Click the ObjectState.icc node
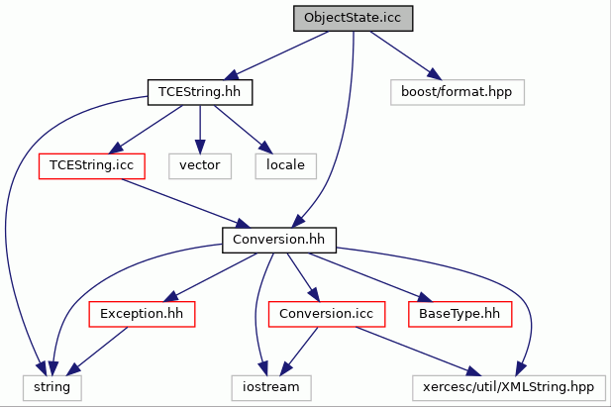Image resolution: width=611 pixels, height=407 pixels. click(x=354, y=19)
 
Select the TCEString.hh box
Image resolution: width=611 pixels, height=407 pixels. click(x=200, y=92)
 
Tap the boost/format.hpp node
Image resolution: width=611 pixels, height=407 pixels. click(x=458, y=92)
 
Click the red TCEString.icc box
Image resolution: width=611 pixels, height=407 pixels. click(x=92, y=166)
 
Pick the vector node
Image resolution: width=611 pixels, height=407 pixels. click(x=200, y=166)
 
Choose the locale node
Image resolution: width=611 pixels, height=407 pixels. click(x=285, y=166)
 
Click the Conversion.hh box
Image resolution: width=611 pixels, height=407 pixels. click(x=279, y=240)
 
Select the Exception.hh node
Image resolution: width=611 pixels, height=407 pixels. click(x=142, y=314)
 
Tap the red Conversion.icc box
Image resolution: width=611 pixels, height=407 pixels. click(x=327, y=314)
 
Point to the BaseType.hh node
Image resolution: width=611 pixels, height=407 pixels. click(x=459, y=314)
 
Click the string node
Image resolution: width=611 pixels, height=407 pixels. click(x=52, y=387)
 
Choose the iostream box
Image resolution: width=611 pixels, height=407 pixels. click(x=271, y=387)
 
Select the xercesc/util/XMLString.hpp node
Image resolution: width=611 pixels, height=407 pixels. click(x=509, y=387)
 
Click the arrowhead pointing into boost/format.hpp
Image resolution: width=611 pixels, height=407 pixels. click(x=435, y=74)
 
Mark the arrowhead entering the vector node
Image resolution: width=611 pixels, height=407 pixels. click(x=200, y=147)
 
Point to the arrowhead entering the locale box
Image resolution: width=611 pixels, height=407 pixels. click(x=266, y=148)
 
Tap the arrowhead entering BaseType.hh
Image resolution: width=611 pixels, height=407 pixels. click(x=425, y=297)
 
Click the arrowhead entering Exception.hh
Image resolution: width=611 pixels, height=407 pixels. click(x=170, y=297)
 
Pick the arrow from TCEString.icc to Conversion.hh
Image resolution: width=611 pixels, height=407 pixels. click(x=185, y=204)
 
